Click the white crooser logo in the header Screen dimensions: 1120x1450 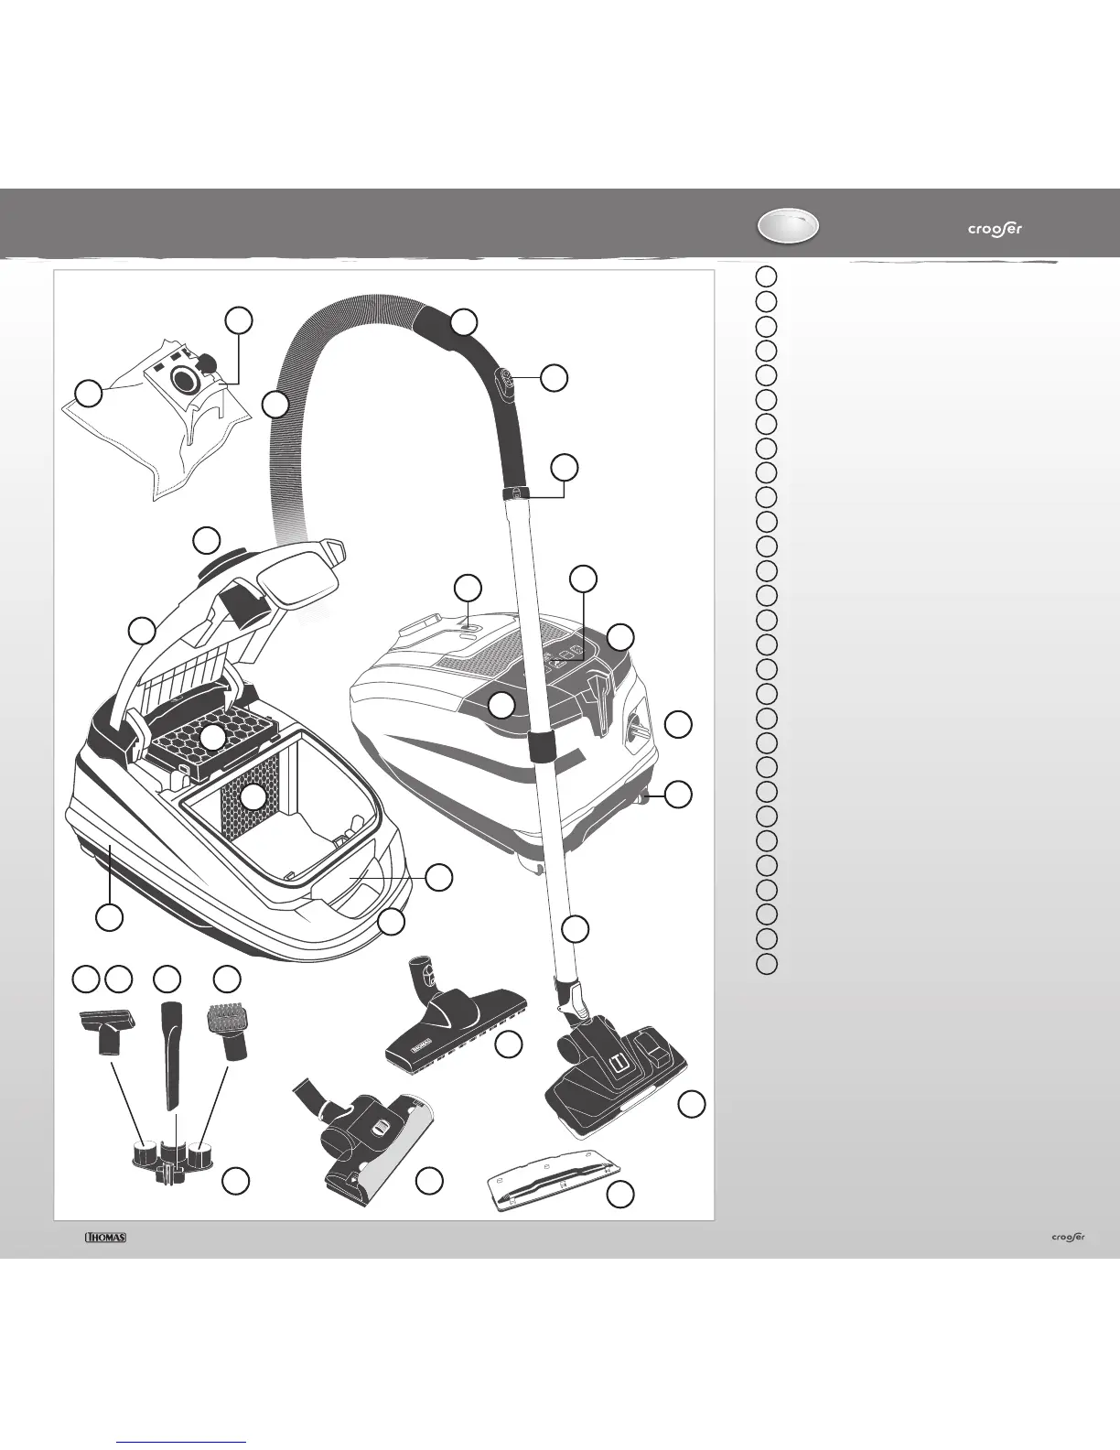tap(995, 229)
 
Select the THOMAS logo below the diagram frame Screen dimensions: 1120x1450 tap(105, 1238)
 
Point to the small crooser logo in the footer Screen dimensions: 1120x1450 tap(1066, 1238)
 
